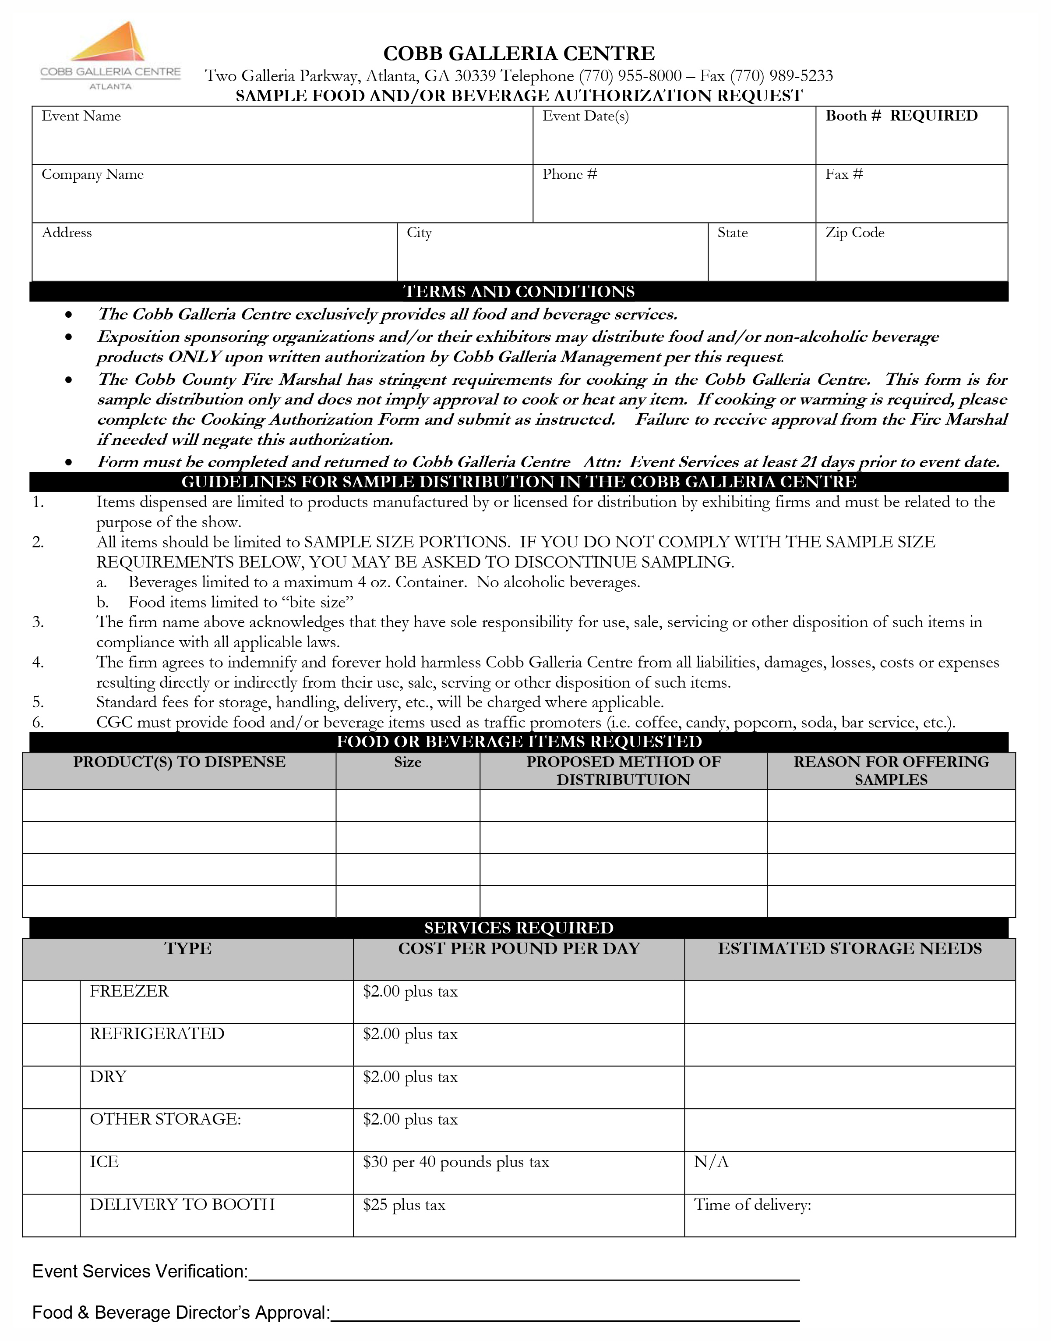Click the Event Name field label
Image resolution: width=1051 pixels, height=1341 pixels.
pos(81,117)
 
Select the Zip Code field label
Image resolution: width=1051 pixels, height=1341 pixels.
pos(855,233)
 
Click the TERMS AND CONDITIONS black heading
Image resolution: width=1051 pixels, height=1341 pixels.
pos(519,291)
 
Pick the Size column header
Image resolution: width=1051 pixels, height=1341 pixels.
pos(407,762)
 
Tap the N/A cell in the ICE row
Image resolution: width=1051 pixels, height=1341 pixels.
pos(711,1162)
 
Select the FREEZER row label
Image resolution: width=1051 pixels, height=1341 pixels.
pos(129,991)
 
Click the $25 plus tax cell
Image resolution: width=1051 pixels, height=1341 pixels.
pos(404,1205)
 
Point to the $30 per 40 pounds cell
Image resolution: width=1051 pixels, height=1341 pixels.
pos(455,1162)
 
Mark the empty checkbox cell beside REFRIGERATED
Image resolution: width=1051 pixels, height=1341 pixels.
pos(51,1045)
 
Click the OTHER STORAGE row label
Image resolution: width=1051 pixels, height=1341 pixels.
pos(166,1119)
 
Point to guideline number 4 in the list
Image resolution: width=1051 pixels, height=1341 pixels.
pos(38,663)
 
